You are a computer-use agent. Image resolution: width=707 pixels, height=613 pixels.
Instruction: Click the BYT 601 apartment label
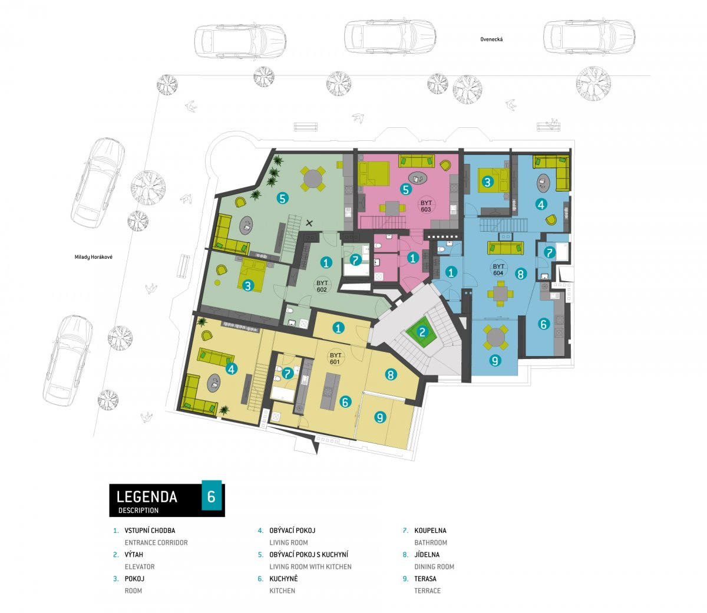[x=335, y=358]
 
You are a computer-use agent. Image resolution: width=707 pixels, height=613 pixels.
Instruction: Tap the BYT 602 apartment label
[x=322, y=286]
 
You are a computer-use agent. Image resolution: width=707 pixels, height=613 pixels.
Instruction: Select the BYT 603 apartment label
[x=426, y=206]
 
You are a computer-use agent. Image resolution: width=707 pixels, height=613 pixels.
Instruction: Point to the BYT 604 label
[x=498, y=270]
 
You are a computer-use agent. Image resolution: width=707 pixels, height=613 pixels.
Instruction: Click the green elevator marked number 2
[x=422, y=332]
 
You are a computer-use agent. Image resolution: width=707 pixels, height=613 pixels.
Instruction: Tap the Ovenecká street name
[x=491, y=39]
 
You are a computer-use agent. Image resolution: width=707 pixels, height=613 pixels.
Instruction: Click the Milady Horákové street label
[x=93, y=257]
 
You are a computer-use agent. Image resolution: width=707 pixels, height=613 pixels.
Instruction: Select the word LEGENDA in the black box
[x=147, y=497]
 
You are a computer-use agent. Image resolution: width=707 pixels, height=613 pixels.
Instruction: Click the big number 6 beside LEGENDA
[x=212, y=496]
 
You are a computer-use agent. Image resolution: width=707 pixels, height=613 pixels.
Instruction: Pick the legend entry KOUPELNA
[x=430, y=530]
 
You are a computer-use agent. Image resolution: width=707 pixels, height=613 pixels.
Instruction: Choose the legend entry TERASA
[x=425, y=578]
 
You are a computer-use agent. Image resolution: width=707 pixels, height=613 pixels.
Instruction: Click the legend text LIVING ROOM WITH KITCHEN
[x=310, y=566]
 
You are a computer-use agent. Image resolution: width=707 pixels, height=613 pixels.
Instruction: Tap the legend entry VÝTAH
[x=134, y=555]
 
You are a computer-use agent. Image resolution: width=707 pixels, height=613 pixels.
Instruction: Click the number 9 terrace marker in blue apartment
[x=495, y=360]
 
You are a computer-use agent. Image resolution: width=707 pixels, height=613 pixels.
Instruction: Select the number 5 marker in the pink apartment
[x=406, y=189]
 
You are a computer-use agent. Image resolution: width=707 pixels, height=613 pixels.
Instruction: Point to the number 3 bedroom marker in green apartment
[x=247, y=285]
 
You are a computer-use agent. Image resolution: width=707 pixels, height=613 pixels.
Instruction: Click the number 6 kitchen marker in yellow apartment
[x=345, y=401]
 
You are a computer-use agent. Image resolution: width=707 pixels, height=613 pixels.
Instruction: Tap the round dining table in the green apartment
[x=313, y=179]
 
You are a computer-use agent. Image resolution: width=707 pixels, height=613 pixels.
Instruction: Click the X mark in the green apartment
[x=309, y=223]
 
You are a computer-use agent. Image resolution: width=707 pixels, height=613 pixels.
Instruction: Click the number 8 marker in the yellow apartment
[x=391, y=375]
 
